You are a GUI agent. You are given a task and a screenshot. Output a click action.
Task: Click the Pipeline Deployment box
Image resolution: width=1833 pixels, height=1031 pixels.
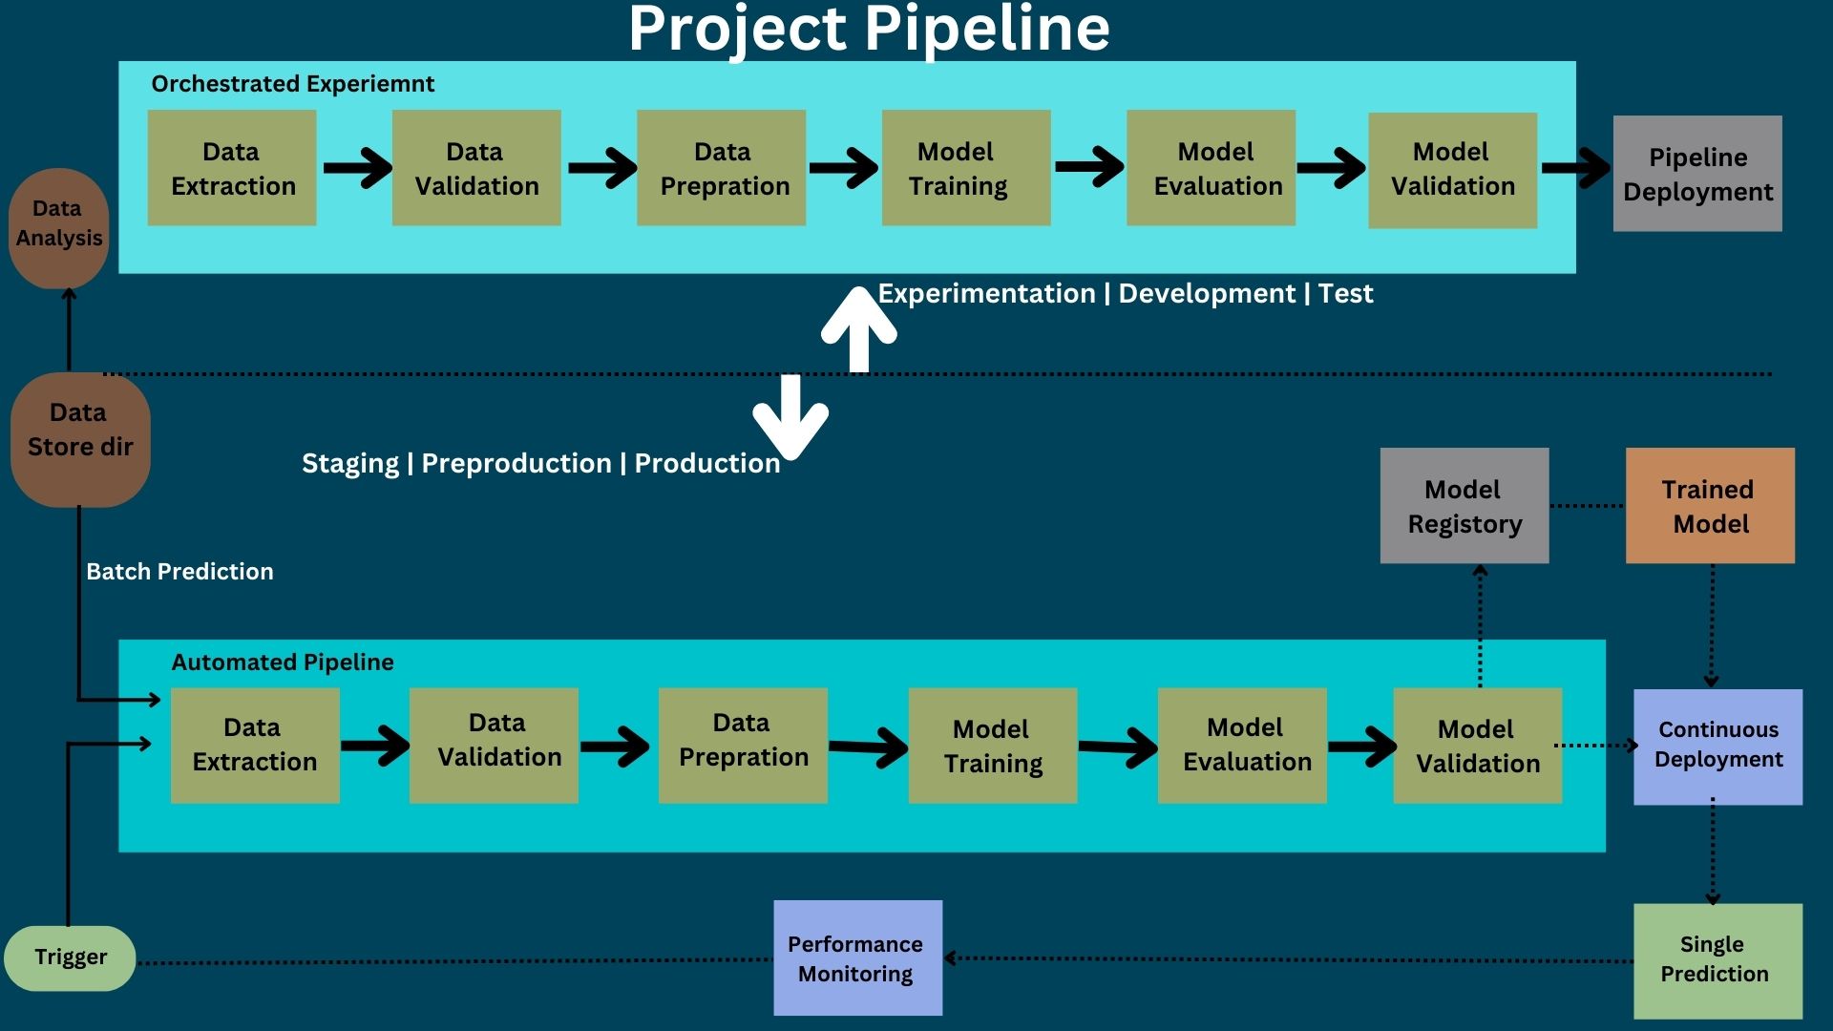tap(1696, 174)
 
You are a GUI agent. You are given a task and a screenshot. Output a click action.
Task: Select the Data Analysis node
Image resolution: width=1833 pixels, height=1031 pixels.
tap(58, 227)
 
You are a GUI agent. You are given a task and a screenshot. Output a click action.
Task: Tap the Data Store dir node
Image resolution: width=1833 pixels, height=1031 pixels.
tap(80, 438)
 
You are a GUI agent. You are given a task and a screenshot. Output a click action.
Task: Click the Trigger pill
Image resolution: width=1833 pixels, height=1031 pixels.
tap(70, 957)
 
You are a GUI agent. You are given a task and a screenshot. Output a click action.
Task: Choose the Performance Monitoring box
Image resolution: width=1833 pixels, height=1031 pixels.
tap(857, 957)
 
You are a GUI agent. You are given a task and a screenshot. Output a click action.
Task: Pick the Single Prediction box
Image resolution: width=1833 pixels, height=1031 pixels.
tap(1717, 959)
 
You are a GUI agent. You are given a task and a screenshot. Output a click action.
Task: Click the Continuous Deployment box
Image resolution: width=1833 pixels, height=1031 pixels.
tap(1717, 746)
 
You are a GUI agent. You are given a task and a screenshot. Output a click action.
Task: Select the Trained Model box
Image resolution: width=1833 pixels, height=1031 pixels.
tap(1710, 506)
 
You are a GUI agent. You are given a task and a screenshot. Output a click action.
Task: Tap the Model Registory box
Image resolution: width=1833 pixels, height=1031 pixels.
tap(1464, 506)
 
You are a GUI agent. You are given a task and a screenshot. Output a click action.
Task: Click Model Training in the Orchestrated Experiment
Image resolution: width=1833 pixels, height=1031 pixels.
tap(965, 168)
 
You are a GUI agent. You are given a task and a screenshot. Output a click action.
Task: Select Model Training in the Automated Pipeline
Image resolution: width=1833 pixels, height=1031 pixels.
tap(992, 746)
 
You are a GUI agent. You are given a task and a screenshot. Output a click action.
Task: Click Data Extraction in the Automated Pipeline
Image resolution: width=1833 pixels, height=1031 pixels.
tap(255, 746)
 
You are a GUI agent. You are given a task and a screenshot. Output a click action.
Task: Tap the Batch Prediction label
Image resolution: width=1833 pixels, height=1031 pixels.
tap(179, 572)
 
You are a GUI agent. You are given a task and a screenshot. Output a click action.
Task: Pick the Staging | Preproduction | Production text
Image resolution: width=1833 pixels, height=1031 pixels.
tap(540, 464)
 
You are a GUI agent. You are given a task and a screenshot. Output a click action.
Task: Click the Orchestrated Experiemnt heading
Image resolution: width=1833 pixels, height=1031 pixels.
tap(292, 84)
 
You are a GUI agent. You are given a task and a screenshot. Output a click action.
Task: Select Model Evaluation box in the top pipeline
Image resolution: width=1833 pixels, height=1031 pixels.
tap(1211, 168)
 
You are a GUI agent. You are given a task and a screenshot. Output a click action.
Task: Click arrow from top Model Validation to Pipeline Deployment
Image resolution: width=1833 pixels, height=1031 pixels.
tap(1575, 168)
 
